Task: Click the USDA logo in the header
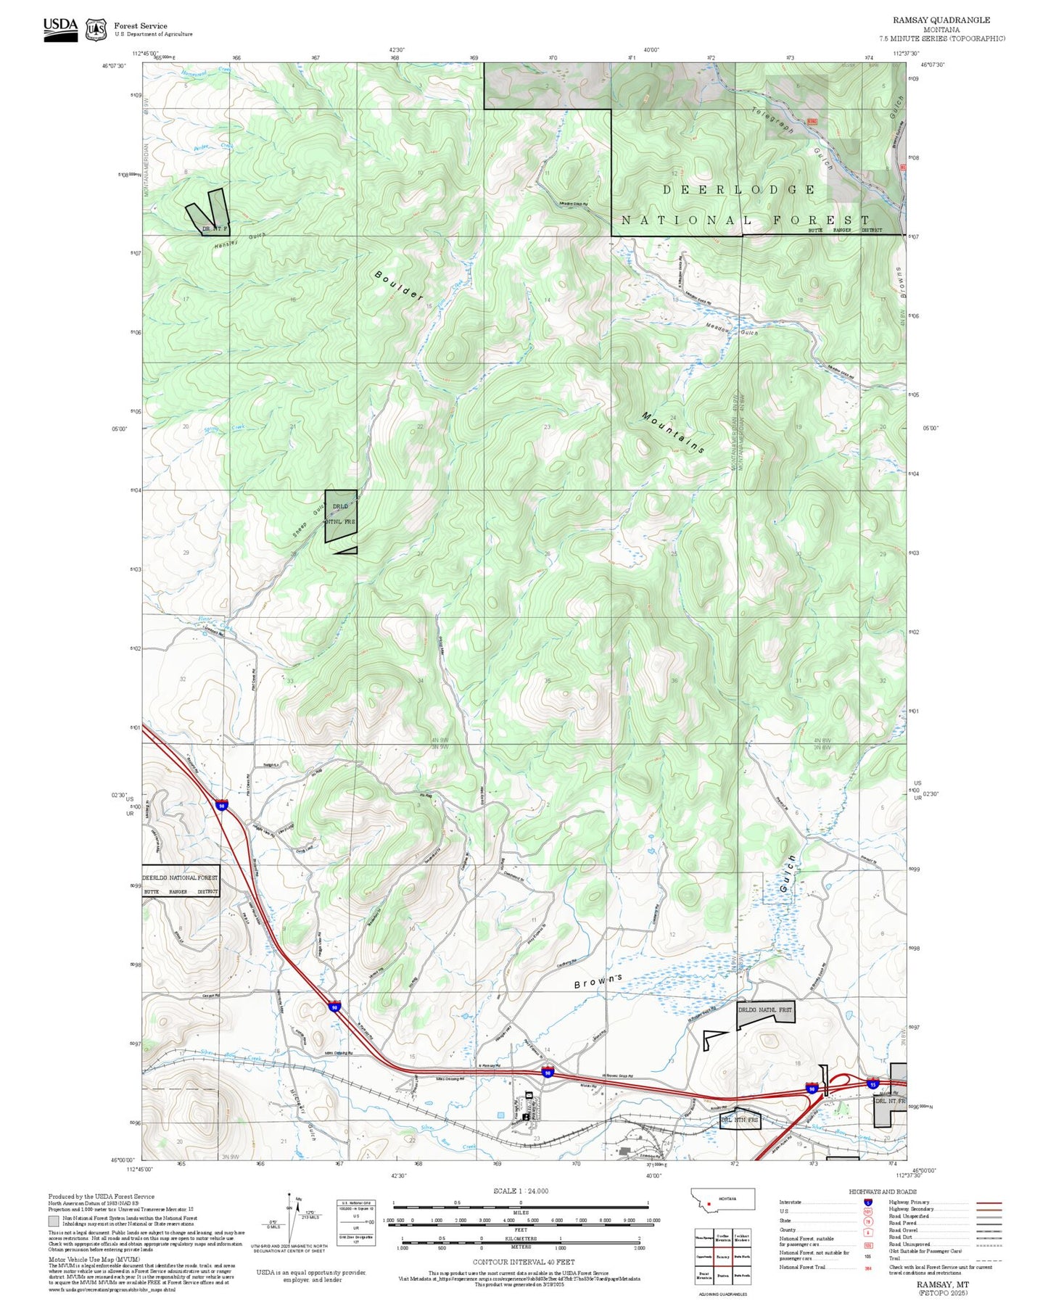pyautogui.click(x=60, y=29)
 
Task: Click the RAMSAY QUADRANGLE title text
pyautogui.click(x=941, y=20)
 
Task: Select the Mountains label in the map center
pyautogui.click(x=673, y=432)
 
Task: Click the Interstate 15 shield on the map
pyautogui.click(x=872, y=1084)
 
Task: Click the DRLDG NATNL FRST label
pyautogui.click(x=765, y=1009)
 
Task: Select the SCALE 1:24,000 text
pyautogui.click(x=521, y=1191)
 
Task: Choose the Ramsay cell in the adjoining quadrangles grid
pyautogui.click(x=722, y=1257)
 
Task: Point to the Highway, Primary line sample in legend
pyautogui.click(x=989, y=1202)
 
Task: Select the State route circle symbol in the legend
pyautogui.click(x=868, y=1221)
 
